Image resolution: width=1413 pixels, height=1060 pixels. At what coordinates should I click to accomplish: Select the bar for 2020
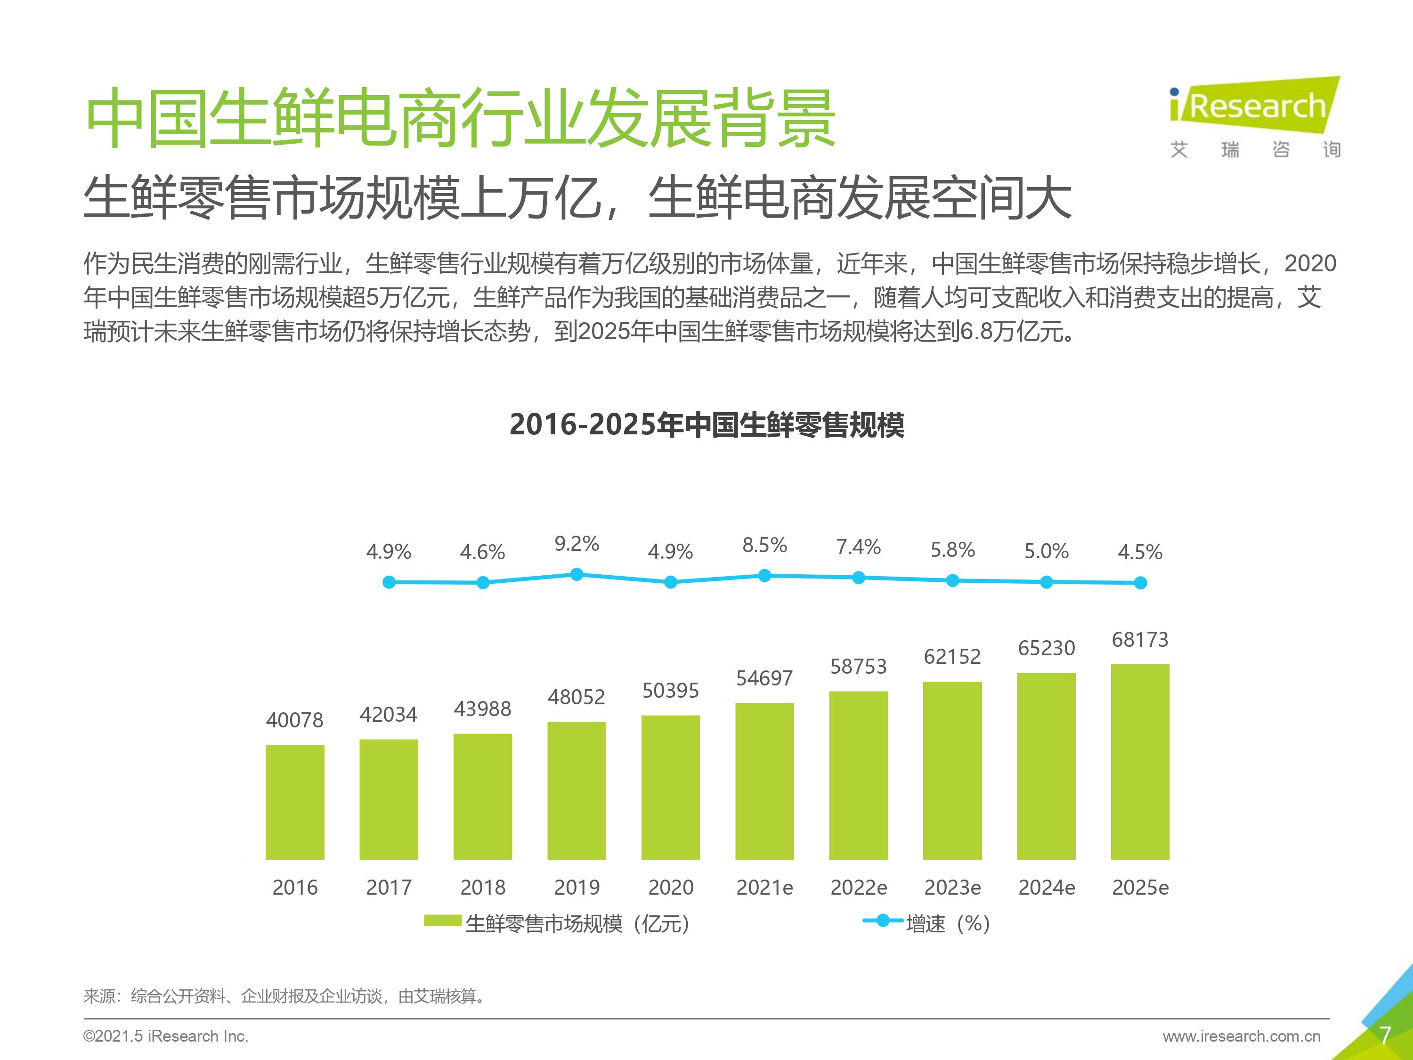pos(670,787)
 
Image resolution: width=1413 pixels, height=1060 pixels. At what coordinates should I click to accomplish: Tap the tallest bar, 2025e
pos(1140,762)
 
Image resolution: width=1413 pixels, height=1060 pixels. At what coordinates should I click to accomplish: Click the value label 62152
pos(952,656)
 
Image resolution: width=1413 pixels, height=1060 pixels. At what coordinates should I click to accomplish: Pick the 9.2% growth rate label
pos(576,544)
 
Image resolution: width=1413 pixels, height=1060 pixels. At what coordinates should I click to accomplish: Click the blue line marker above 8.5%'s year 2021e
pos(764,576)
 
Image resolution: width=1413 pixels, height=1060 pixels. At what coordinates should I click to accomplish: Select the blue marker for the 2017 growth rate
pos(483,583)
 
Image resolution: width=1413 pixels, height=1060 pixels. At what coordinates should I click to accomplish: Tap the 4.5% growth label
pos(1140,552)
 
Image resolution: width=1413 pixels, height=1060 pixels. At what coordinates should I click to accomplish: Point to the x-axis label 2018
pos(482,888)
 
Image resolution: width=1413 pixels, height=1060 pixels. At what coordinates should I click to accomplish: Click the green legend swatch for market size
pos(442,921)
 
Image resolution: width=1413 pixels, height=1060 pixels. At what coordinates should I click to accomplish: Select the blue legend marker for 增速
pos(882,921)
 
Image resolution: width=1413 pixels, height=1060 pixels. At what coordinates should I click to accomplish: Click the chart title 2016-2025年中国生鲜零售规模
pos(706,425)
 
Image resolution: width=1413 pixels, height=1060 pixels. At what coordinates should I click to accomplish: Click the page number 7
pos(1385,1035)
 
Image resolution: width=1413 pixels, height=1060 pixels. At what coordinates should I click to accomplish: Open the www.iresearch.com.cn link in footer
pos(1241,1036)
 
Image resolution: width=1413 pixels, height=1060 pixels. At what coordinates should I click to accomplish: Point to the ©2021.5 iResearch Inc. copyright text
pos(165,1036)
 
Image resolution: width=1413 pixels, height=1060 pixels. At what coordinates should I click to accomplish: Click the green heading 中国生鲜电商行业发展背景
pos(460,118)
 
